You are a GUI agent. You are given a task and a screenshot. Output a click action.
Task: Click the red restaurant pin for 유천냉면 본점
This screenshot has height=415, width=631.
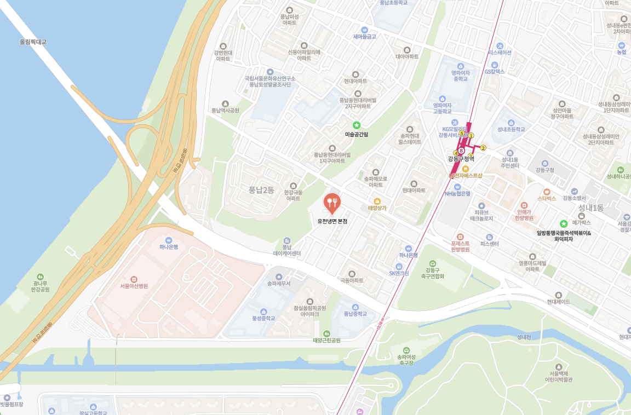pyautogui.click(x=332, y=203)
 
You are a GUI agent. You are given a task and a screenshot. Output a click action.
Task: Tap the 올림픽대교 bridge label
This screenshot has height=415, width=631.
pyautogui.click(x=33, y=42)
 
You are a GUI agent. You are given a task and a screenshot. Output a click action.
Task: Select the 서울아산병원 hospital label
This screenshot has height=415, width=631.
pyautogui.click(x=134, y=286)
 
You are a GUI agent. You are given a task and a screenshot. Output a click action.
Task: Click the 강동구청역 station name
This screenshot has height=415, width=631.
pyautogui.click(x=461, y=159)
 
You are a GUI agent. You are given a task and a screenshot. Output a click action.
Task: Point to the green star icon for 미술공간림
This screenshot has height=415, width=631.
pyautogui.click(x=357, y=125)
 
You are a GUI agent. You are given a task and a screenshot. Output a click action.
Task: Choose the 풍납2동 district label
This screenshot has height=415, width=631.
pyautogui.click(x=261, y=190)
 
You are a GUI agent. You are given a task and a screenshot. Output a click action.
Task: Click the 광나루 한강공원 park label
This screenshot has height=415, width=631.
pyautogui.click(x=40, y=286)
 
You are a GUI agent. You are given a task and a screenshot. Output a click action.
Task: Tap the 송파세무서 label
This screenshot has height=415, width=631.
pyautogui.click(x=279, y=284)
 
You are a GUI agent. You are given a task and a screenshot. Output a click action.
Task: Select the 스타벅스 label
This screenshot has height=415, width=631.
pyautogui.click(x=547, y=198)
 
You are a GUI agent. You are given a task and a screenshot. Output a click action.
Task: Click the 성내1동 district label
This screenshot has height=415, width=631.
pyautogui.click(x=590, y=208)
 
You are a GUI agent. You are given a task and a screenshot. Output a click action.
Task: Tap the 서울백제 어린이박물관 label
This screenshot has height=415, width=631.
pyautogui.click(x=558, y=376)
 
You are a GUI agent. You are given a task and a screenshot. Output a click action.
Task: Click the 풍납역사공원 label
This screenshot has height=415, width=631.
pyautogui.click(x=225, y=110)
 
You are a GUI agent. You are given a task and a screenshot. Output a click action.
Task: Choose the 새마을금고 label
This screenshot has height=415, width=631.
pyautogui.click(x=364, y=37)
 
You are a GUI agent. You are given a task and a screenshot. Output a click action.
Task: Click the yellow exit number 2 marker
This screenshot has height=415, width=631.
pyautogui.click(x=483, y=148)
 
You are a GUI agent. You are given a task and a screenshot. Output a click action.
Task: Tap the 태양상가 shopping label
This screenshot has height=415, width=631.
pyautogui.click(x=377, y=208)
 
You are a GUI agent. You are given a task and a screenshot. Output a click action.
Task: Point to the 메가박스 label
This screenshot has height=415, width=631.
pyautogui.click(x=582, y=223)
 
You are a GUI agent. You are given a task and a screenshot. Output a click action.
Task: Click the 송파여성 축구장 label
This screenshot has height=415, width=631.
pyautogui.click(x=406, y=359)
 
